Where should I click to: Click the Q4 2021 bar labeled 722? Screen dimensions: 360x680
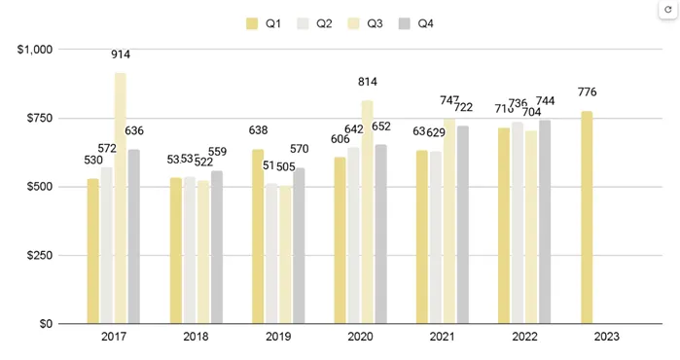click(463, 225)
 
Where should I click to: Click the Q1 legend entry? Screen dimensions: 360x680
click(265, 23)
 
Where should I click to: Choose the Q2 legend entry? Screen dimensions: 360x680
click(315, 23)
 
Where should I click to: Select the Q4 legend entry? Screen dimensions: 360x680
click(416, 23)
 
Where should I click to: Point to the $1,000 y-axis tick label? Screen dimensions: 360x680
click(36, 49)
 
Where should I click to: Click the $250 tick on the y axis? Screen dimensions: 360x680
click(41, 256)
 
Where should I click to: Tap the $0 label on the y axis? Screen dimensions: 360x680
click(47, 324)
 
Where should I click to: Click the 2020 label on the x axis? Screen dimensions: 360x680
click(360, 338)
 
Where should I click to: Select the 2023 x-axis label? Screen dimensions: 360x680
click(606, 338)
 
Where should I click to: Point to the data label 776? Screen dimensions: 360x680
click(587, 92)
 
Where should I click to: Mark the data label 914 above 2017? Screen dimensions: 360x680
click(121, 55)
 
